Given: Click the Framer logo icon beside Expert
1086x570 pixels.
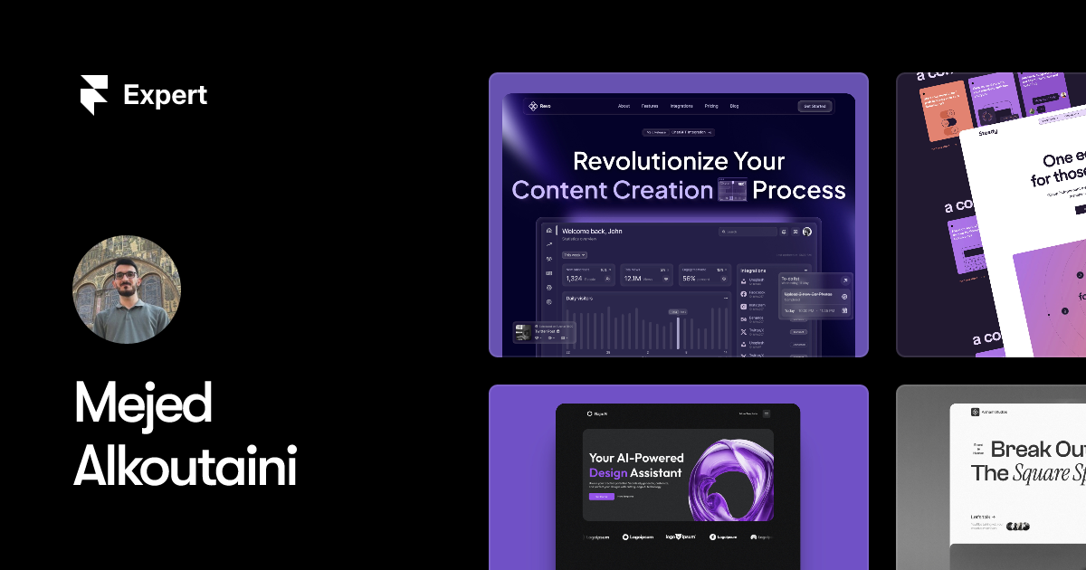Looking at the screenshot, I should [x=93, y=95].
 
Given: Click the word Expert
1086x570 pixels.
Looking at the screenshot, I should [x=166, y=95].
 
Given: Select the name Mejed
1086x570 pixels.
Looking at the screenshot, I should [x=142, y=404].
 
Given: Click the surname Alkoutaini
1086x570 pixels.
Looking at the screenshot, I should [x=185, y=466].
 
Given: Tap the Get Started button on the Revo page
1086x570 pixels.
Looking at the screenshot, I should [x=814, y=106].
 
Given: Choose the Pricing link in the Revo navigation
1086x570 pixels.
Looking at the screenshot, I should [x=711, y=106].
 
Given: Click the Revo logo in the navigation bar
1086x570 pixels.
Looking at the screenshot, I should [x=539, y=106].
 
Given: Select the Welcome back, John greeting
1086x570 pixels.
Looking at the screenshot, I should [x=592, y=232].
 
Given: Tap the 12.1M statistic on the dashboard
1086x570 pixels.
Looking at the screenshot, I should [x=633, y=279].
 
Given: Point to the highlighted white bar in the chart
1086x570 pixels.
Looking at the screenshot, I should [x=678, y=333].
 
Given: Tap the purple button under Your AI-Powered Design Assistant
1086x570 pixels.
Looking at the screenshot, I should [x=601, y=497].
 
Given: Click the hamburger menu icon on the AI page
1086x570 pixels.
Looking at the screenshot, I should [x=767, y=413].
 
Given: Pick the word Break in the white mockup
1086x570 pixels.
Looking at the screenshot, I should [x=1021, y=450].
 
